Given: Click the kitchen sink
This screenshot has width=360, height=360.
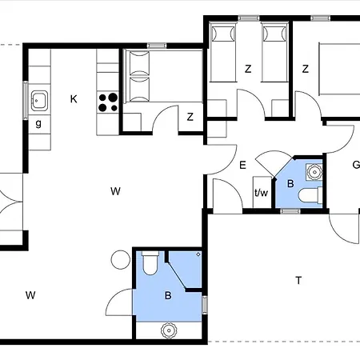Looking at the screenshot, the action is (39, 101).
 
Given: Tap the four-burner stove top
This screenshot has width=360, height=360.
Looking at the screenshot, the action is (108, 102).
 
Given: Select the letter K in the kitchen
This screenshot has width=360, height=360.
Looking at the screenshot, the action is (74, 99).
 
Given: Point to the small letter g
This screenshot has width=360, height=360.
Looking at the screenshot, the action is (38, 124).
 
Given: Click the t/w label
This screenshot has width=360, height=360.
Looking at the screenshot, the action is (261, 192).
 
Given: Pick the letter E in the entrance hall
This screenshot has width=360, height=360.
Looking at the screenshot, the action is (242, 166).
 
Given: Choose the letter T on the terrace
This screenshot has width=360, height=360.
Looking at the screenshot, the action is (298, 281).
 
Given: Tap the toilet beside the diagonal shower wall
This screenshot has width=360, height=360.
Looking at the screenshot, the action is (150, 263).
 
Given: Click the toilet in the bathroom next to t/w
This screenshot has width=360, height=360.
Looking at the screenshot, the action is (310, 195).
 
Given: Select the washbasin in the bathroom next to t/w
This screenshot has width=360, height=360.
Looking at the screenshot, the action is (314, 171).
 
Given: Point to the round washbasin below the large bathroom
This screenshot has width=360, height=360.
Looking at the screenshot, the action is (169, 330).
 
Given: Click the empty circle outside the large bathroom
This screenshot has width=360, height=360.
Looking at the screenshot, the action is (121, 260).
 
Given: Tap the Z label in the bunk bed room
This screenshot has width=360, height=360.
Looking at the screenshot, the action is (190, 117).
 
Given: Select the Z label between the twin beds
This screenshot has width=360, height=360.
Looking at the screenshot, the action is (248, 69).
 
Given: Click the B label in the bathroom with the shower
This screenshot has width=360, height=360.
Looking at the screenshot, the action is (168, 295).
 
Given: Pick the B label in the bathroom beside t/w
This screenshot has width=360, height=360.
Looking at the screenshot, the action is (290, 184).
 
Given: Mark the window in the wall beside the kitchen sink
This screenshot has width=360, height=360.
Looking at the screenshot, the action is (26, 101).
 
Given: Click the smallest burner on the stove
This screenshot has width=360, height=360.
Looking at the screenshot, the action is (114, 108).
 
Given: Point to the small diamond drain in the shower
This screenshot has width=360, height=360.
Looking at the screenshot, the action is (198, 254).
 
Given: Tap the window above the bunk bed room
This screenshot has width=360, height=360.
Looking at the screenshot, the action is (157, 46).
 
